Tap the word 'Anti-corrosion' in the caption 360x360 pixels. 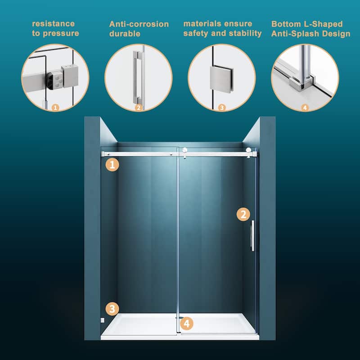pos(139,24)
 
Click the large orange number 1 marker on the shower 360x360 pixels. pos(112,165)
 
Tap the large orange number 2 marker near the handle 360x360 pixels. pos(243,214)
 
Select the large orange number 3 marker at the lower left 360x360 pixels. pos(112,309)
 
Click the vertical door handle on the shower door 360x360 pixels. pos(252,235)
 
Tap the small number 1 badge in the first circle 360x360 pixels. pos(55,108)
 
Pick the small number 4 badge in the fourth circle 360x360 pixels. pos(305,108)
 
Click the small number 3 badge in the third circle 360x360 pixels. pos(221,108)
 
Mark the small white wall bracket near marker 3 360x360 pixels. pos(103,320)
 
